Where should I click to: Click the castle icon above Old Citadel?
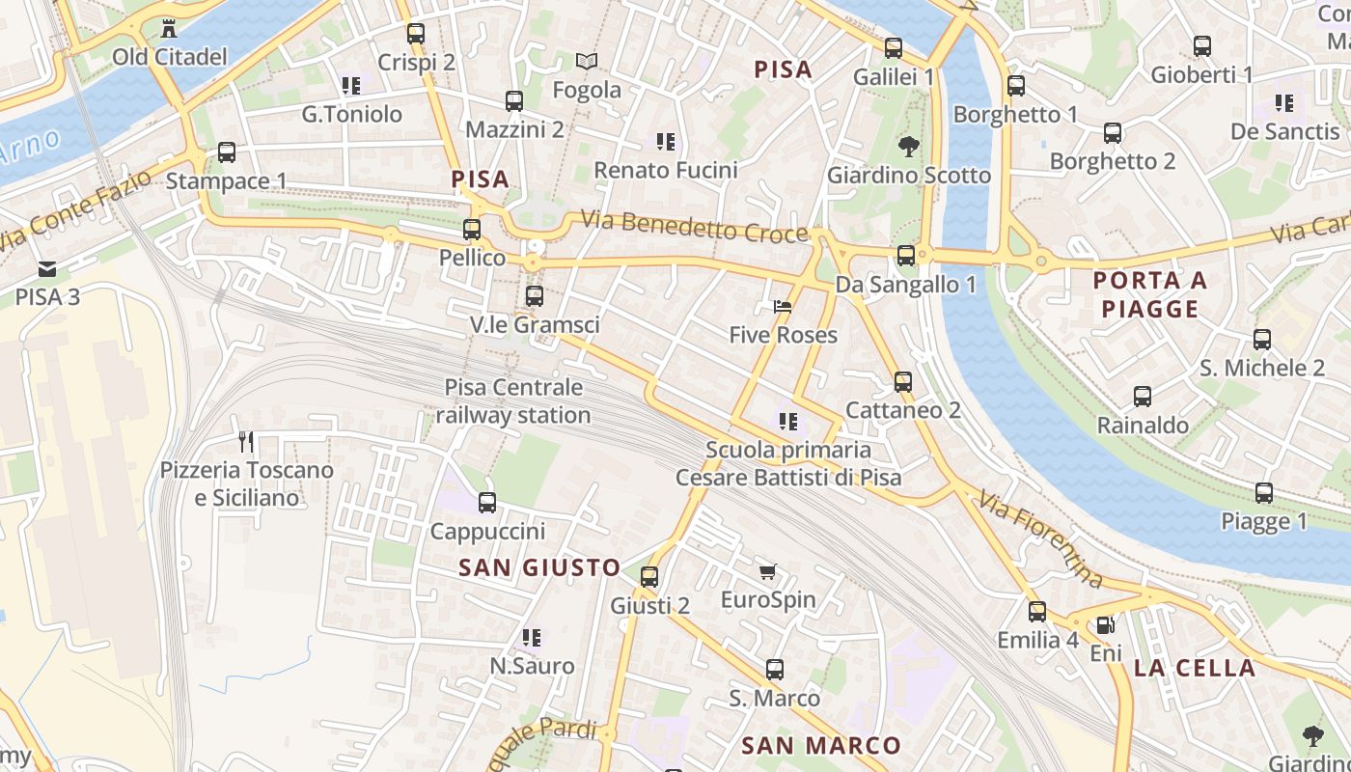click(x=170, y=27)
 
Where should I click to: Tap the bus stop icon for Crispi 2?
click(x=416, y=33)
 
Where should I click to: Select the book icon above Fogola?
click(x=587, y=61)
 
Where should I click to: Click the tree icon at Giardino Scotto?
click(x=908, y=147)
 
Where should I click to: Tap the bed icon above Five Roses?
click(x=783, y=307)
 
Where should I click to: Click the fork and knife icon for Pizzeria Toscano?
click(x=246, y=442)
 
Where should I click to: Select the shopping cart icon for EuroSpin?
click(x=767, y=572)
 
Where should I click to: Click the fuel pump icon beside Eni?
click(x=1106, y=625)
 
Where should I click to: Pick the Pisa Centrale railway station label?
click(x=513, y=401)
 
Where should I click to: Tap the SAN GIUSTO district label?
click(x=539, y=567)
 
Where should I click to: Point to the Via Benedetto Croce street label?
click(x=694, y=228)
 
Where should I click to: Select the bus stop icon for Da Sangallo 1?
click(x=906, y=256)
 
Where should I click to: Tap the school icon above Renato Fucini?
click(x=665, y=142)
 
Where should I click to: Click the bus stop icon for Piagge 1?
click(x=1264, y=493)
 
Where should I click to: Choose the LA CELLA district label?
click(x=1195, y=668)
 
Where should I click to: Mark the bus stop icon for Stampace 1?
click(x=227, y=152)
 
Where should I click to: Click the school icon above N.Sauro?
click(x=531, y=638)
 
